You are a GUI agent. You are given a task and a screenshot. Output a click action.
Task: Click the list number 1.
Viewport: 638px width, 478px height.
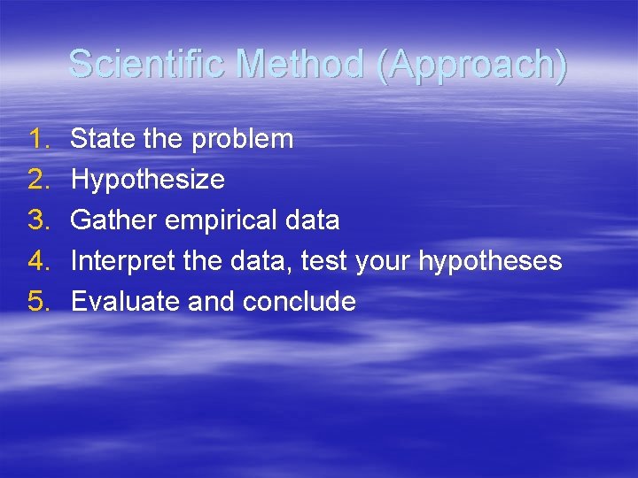[39, 139]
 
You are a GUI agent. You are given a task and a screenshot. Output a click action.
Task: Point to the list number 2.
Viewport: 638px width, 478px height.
[39, 180]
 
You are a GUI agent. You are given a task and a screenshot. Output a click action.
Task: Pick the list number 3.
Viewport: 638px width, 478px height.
[39, 220]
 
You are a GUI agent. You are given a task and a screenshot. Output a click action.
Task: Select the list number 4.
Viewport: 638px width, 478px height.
[39, 261]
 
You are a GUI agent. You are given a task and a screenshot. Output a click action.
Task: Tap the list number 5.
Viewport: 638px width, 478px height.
[39, 302]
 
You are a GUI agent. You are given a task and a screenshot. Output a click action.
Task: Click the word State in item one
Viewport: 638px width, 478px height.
[100, 139]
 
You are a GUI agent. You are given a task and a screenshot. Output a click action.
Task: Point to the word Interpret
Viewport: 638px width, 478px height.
[119, 262]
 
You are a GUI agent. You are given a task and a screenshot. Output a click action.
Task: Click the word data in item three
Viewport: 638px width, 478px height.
[313, 220]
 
